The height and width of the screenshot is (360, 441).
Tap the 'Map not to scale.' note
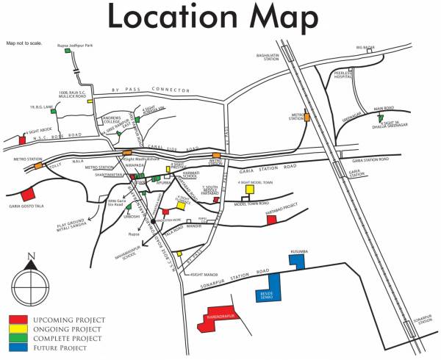[24, 43]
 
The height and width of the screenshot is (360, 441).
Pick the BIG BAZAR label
[366, 48]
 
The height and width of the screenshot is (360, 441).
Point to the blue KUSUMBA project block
[298, 261]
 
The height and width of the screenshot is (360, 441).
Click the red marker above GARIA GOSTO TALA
[28, 195]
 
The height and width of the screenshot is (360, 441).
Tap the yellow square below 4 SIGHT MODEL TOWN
[249, 189]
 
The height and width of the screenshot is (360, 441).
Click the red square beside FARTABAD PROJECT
[271, 219]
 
